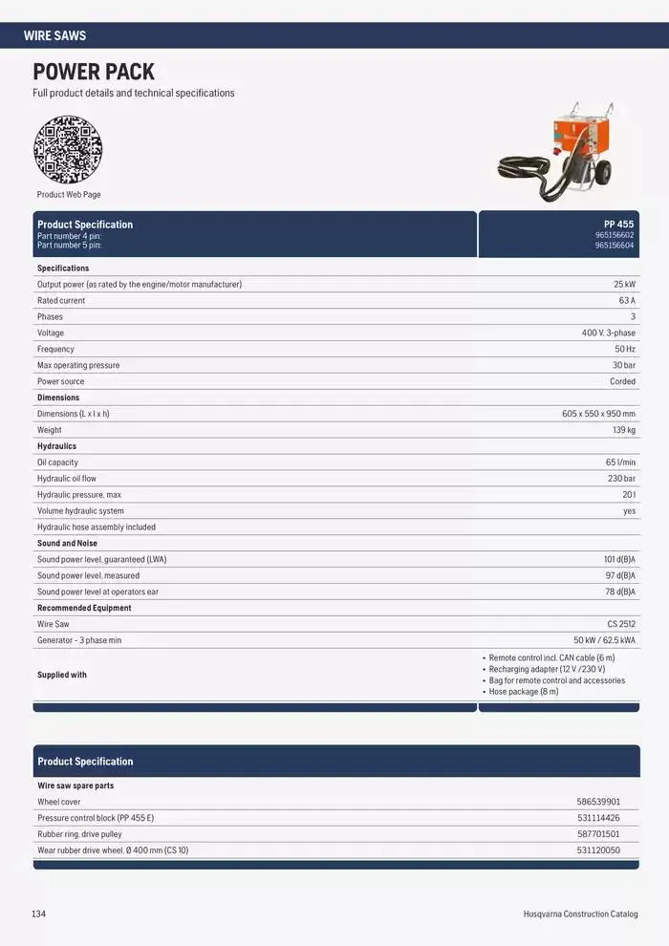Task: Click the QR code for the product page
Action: point(68,149)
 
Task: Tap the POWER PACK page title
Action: point(94,72)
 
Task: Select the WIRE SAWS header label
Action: point(54,35)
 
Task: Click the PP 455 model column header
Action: point(618,225)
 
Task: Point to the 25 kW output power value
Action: point(624,285)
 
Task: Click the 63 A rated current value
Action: point(626,301)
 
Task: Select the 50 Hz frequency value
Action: point(624,350)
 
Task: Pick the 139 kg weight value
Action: point(623,430)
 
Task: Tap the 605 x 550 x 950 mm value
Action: point(598,414)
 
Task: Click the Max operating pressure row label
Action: point(78,366)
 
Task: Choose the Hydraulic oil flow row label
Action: point(67,479)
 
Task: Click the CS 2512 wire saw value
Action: point(620,624)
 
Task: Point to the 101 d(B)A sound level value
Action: point(619,560)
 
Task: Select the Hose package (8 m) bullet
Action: point(524,692)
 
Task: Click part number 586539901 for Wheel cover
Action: point(598,803)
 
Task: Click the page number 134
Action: point(38,914)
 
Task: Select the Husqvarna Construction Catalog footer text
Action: point(580,914)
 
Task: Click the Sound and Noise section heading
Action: point(67,544)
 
